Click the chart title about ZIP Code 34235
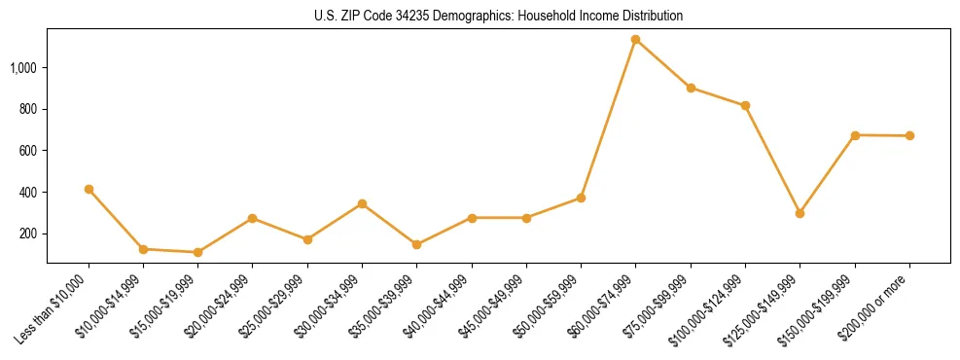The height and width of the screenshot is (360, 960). pos(499,17)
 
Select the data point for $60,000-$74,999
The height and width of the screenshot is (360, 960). pos(635,40)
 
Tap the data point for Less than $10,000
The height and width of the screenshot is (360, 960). pos(89,189)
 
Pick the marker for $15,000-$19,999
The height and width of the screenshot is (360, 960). pos(198,252)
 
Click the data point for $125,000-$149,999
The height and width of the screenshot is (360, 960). pos(800,213)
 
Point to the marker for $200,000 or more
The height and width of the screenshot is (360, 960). pos(909,136)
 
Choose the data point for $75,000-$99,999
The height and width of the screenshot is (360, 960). pos(691,88)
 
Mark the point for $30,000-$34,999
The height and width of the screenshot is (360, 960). pos(362,203)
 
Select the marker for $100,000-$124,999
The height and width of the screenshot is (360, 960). pos(745,105)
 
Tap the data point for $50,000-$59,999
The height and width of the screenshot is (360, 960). pos(581,198)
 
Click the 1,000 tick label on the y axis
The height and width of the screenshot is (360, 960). pos(23,68)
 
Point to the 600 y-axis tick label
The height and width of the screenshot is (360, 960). pos(28,151)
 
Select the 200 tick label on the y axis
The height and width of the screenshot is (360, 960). pos(28,234)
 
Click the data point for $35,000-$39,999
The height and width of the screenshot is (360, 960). pos(416,244)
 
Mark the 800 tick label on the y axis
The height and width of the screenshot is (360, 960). pos(28,109)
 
